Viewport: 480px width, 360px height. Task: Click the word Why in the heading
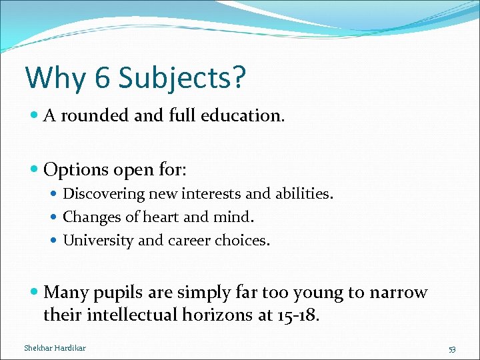[56, 78]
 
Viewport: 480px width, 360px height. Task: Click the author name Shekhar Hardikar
[55, 348]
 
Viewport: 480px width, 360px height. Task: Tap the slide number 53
[451, 349]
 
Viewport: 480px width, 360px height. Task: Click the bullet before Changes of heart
[56, 217]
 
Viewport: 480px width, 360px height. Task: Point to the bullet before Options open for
[35, 171]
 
